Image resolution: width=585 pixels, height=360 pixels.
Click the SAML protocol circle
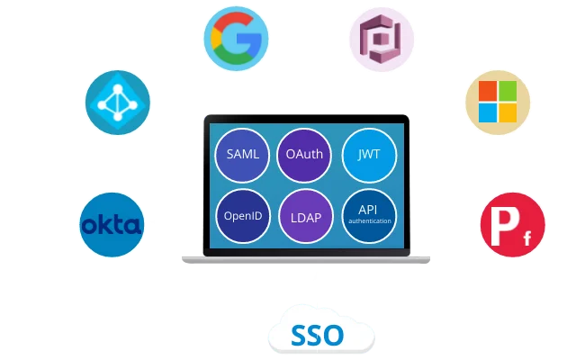243,154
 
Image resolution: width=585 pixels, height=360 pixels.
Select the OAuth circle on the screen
304,154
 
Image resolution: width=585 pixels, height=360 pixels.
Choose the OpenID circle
243,217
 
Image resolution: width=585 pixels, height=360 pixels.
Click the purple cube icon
381,40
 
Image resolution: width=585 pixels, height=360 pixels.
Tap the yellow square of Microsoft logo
508,112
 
